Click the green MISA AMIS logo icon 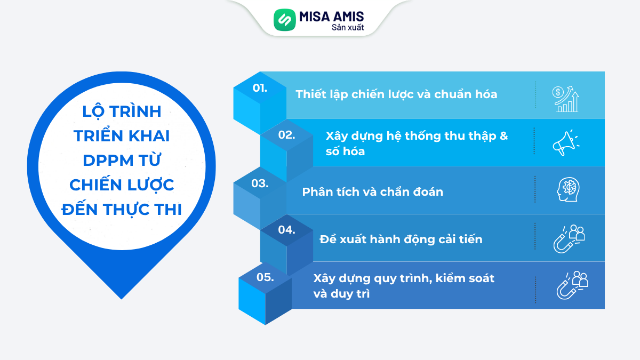coord(284,20)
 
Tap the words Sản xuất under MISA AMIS coord(348,27)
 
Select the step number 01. coord(260,87)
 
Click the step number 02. coord(286,135)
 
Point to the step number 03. coord(260,183)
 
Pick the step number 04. coord(286,230)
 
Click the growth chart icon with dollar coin coord(565,99)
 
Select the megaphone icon coord(565,142)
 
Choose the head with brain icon coord(565,190)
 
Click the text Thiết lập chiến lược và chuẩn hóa coord(396,94)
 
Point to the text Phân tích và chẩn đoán coord(372,191)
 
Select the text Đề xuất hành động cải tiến coord(401,239)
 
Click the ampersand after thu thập coord(503,136)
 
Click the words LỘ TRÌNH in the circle coord(122,111)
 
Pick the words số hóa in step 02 coord(345,151)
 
